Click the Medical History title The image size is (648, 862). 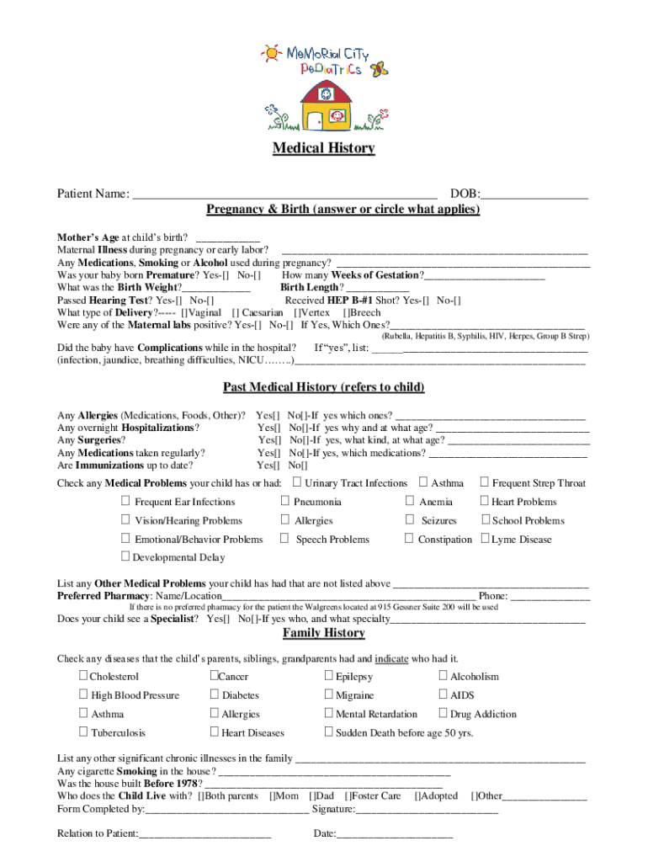click(x=323, y=148)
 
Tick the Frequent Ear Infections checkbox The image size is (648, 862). click(x=126, y=502)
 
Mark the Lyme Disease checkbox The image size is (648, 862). click(x=485, y=539)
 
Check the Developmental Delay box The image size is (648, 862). click(x=125, y=556)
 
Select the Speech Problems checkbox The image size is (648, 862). click(x=285, y=539)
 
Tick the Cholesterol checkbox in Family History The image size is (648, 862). click(x=84, y=676)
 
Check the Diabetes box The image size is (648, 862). click(x=215, y=694)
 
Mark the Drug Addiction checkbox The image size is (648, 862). click(x=444, y=714)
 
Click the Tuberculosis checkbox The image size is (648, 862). click(x=84, y=732)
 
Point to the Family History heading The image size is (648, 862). click(x=323, y=633)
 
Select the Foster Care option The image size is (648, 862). click(x=375, y=795)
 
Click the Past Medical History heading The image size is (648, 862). click(x=323, y=387)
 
